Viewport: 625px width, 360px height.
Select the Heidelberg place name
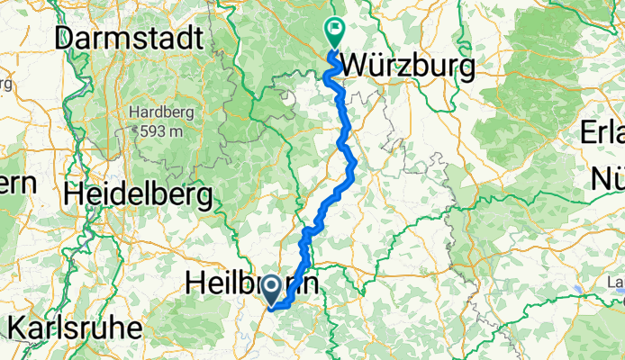139,193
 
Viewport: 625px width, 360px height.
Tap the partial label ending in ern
18,183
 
